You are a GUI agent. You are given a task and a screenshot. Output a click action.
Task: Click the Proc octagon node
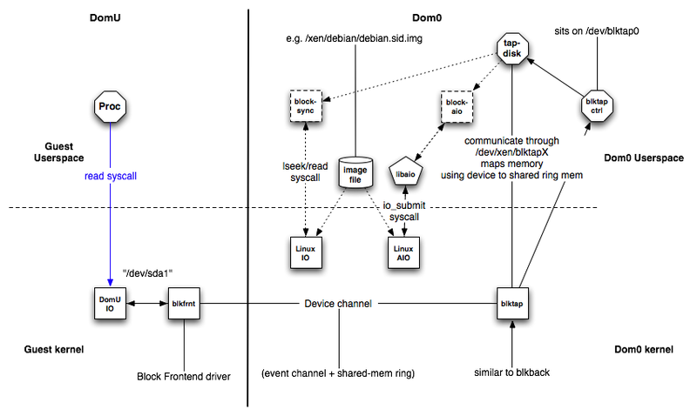point(111,107)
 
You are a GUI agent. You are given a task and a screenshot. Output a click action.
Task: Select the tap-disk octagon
point(514,47)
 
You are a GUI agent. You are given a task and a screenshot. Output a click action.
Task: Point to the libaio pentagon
point(405,173)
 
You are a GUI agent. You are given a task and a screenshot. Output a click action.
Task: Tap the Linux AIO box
point(404,249)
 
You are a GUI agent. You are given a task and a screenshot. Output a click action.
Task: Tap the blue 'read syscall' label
point(111,176)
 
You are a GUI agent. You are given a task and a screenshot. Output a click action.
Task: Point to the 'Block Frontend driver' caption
point(184,377)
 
